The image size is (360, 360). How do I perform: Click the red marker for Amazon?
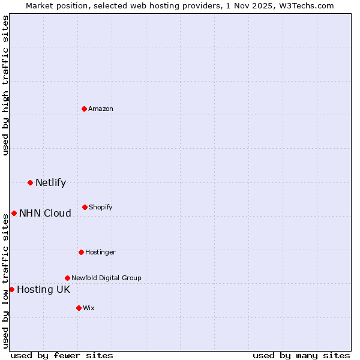point(84,109)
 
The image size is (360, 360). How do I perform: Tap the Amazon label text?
point(101,109)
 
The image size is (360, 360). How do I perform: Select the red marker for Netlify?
point(30,182)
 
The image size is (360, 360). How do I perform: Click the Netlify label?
point(50,183)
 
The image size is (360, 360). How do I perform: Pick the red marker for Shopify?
point(85,207)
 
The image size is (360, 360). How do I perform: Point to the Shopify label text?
point(101,208)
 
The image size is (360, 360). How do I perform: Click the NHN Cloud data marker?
point(14,213)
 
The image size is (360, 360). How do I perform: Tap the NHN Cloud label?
point(45,214)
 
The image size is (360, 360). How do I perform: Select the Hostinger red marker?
point(81,252)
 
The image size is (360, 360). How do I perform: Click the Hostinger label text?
point(100,252)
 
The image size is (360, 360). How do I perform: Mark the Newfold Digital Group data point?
point(67,278)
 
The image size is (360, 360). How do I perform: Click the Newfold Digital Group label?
point(106,278)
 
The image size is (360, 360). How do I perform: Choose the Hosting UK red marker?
point(11,289)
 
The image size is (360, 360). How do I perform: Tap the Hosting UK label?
point(43,290)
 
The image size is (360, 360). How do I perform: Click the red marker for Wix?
point(79,308)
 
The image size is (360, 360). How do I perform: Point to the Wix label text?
point(89,308)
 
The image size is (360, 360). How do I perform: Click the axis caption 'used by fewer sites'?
point(62,355)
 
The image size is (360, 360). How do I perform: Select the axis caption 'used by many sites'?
point(301,355)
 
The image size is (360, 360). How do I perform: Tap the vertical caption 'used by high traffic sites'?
point(6,85)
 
